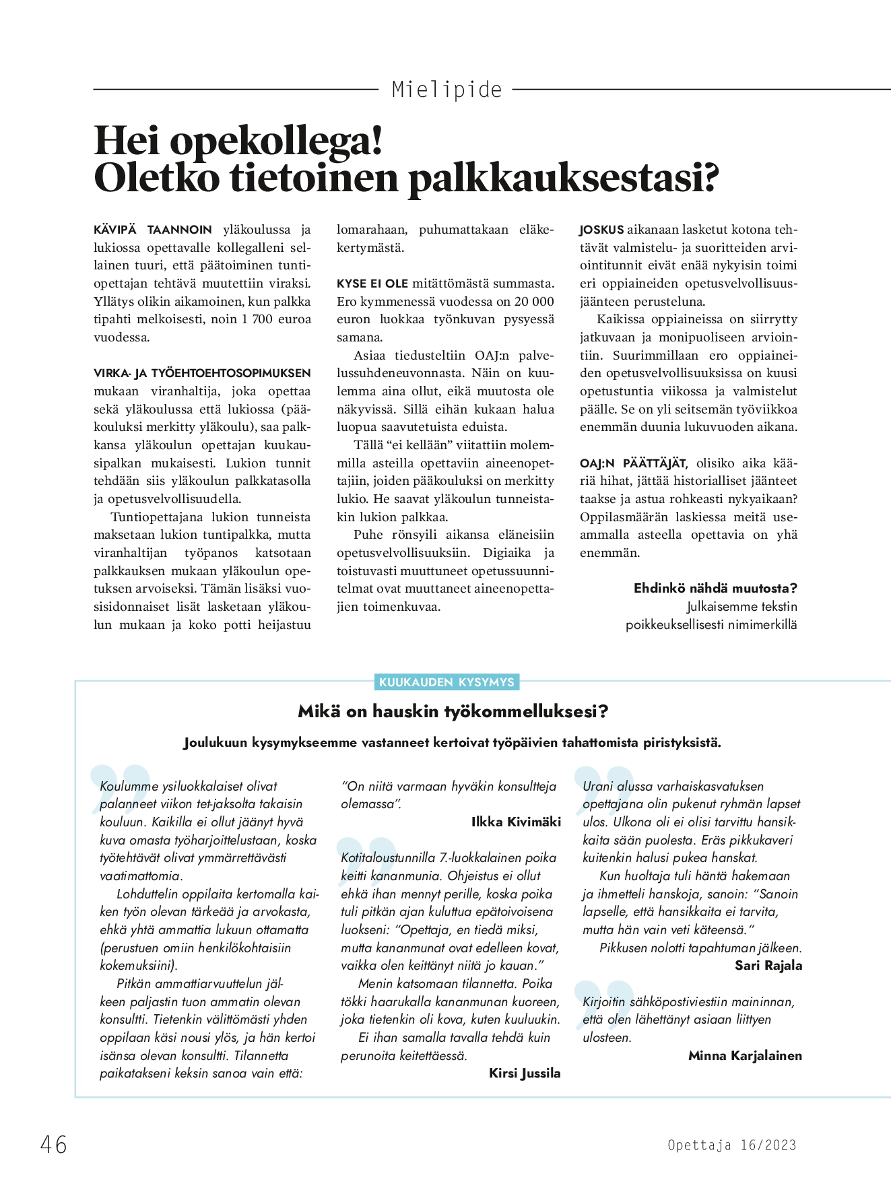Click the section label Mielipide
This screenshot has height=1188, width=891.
coord(447,90)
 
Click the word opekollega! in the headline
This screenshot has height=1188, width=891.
coord(276,140)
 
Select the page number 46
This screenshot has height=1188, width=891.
coord(54,1144)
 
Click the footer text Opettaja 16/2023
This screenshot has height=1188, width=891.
coord(731,1145)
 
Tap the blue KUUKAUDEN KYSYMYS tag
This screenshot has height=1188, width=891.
coord(447,682)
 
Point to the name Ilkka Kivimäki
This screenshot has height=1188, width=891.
coord(516,822)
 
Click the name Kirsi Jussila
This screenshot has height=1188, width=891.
coord(525,1074)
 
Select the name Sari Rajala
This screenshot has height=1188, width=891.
coord(768,966)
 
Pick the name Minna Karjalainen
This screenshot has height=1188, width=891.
coord(745,1055)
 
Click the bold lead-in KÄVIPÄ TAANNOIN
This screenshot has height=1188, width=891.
coord(153,230)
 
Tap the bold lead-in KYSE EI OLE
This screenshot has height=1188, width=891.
coord(372,284)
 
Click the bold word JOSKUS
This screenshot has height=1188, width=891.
coord(601,230)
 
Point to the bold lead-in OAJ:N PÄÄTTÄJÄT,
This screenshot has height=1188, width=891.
coord(633,463)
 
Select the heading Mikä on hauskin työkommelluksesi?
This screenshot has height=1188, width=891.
coord(453,711)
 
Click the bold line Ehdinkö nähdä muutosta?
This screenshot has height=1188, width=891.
coord(715,588)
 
